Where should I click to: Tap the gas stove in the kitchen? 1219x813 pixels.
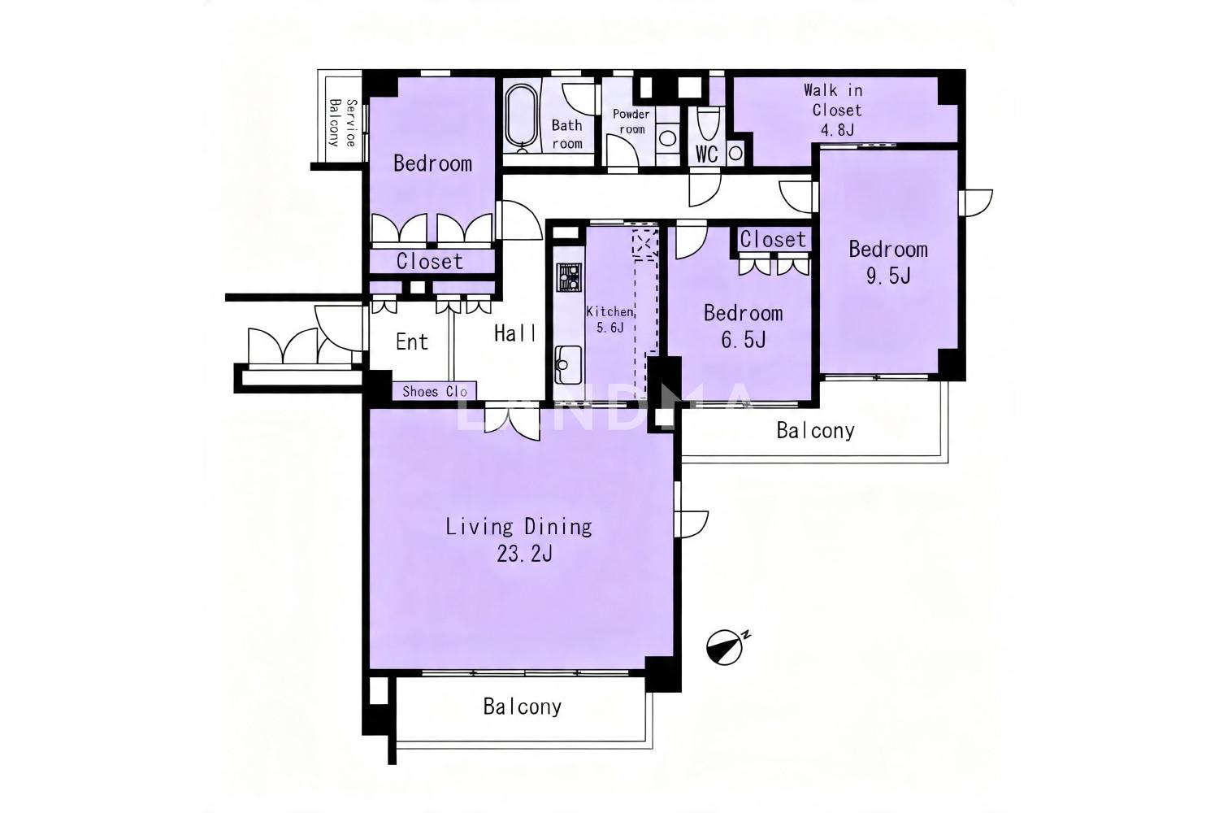coord(569,277)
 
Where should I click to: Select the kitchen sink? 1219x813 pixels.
coord(568,364)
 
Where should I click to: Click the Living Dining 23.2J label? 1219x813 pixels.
coord(518,540)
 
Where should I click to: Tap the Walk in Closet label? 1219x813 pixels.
coord(835,110)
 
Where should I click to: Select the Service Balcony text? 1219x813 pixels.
coord(343,123)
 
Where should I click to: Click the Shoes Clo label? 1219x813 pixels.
coord(434,392)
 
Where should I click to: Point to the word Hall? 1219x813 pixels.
coord(514,333)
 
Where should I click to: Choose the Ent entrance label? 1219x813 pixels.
coord(412,342)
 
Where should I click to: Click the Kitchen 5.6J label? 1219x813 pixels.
coord(609,320)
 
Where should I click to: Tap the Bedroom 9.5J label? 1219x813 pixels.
coord(888,263)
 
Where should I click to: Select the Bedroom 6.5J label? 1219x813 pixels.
coord(744,326)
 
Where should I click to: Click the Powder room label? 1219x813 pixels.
coord(631,121)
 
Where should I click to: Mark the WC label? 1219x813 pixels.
coord(707,154)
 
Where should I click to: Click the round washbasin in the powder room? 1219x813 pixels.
coord(667,138)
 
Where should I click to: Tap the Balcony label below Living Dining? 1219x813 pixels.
coord(522,706)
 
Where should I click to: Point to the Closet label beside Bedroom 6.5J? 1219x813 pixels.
coord(773,240)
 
